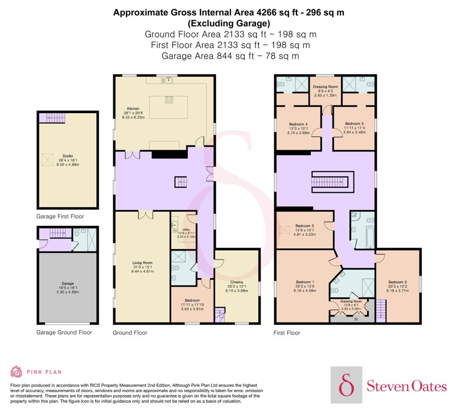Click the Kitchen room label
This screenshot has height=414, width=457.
pyautogui.click(x=133, y=109)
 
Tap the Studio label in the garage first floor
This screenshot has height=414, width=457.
pyautogui.click(x=68, y=156)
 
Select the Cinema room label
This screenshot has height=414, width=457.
pyautogui.click(x=236, y=282)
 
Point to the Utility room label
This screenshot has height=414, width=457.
pyautogui.click(x=186, y=229)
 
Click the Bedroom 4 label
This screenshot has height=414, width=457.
pyautogui.click(x=298, y=124)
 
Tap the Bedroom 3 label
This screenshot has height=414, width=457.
pyautogui.click(x=304, y=226)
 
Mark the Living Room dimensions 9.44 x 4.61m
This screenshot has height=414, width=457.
pyautogui.click(x=142, y=271)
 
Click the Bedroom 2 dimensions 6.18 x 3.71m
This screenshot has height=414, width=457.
pyautogui.click(x=398, y=291)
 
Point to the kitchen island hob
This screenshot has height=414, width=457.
pyautogui.click(x=169, y=100)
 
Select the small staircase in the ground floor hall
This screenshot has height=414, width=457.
pyautogui.click(x=181, y=182)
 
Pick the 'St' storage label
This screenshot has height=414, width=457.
pyautogui.click(x=356, y=319)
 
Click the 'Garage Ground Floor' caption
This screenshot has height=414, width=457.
pyautogui.click(x=64, y=332)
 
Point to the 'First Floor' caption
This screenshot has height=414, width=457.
pyautogui.click(x=287, y=333)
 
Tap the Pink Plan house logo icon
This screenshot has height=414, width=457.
pyautogui.click(x=16, y=372)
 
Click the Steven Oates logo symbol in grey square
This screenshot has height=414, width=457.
pyautogui.click(x=346, y=385)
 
